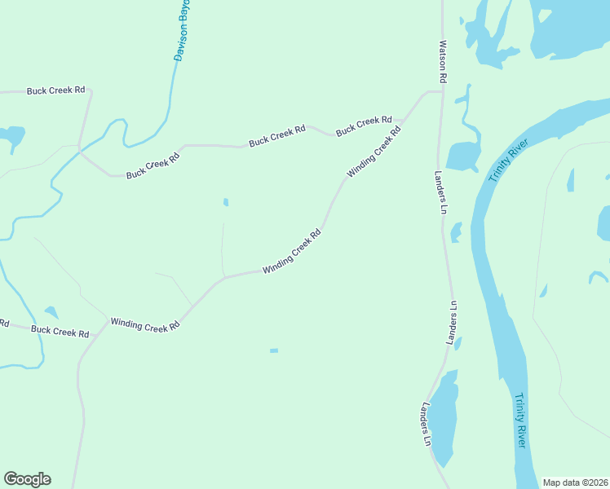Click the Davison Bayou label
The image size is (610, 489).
(183, 31)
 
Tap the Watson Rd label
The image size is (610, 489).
(443, 62)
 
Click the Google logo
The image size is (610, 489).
(27, 479)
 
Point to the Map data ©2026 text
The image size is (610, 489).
(575, 482)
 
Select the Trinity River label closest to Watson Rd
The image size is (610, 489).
(509, 161)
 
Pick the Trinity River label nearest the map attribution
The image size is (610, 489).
(520, 420)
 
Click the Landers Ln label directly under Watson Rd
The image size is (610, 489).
(441, 192)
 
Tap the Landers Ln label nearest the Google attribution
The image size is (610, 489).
(427, 424)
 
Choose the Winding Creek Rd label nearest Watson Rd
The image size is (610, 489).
(374, 152)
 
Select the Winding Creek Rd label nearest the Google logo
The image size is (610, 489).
(145, 325)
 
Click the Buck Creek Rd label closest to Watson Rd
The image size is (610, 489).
(364, 125)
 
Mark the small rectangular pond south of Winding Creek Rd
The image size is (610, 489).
(274, 350)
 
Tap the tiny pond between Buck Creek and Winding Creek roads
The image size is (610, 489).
(225, 202)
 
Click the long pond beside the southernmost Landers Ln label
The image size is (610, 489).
(442, 420)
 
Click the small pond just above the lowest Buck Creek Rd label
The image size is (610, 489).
(51, 312)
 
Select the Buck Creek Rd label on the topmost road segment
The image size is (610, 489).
(56, 91)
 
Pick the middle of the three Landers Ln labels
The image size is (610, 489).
(453, 323)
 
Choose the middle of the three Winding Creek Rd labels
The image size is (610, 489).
(291, 251)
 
